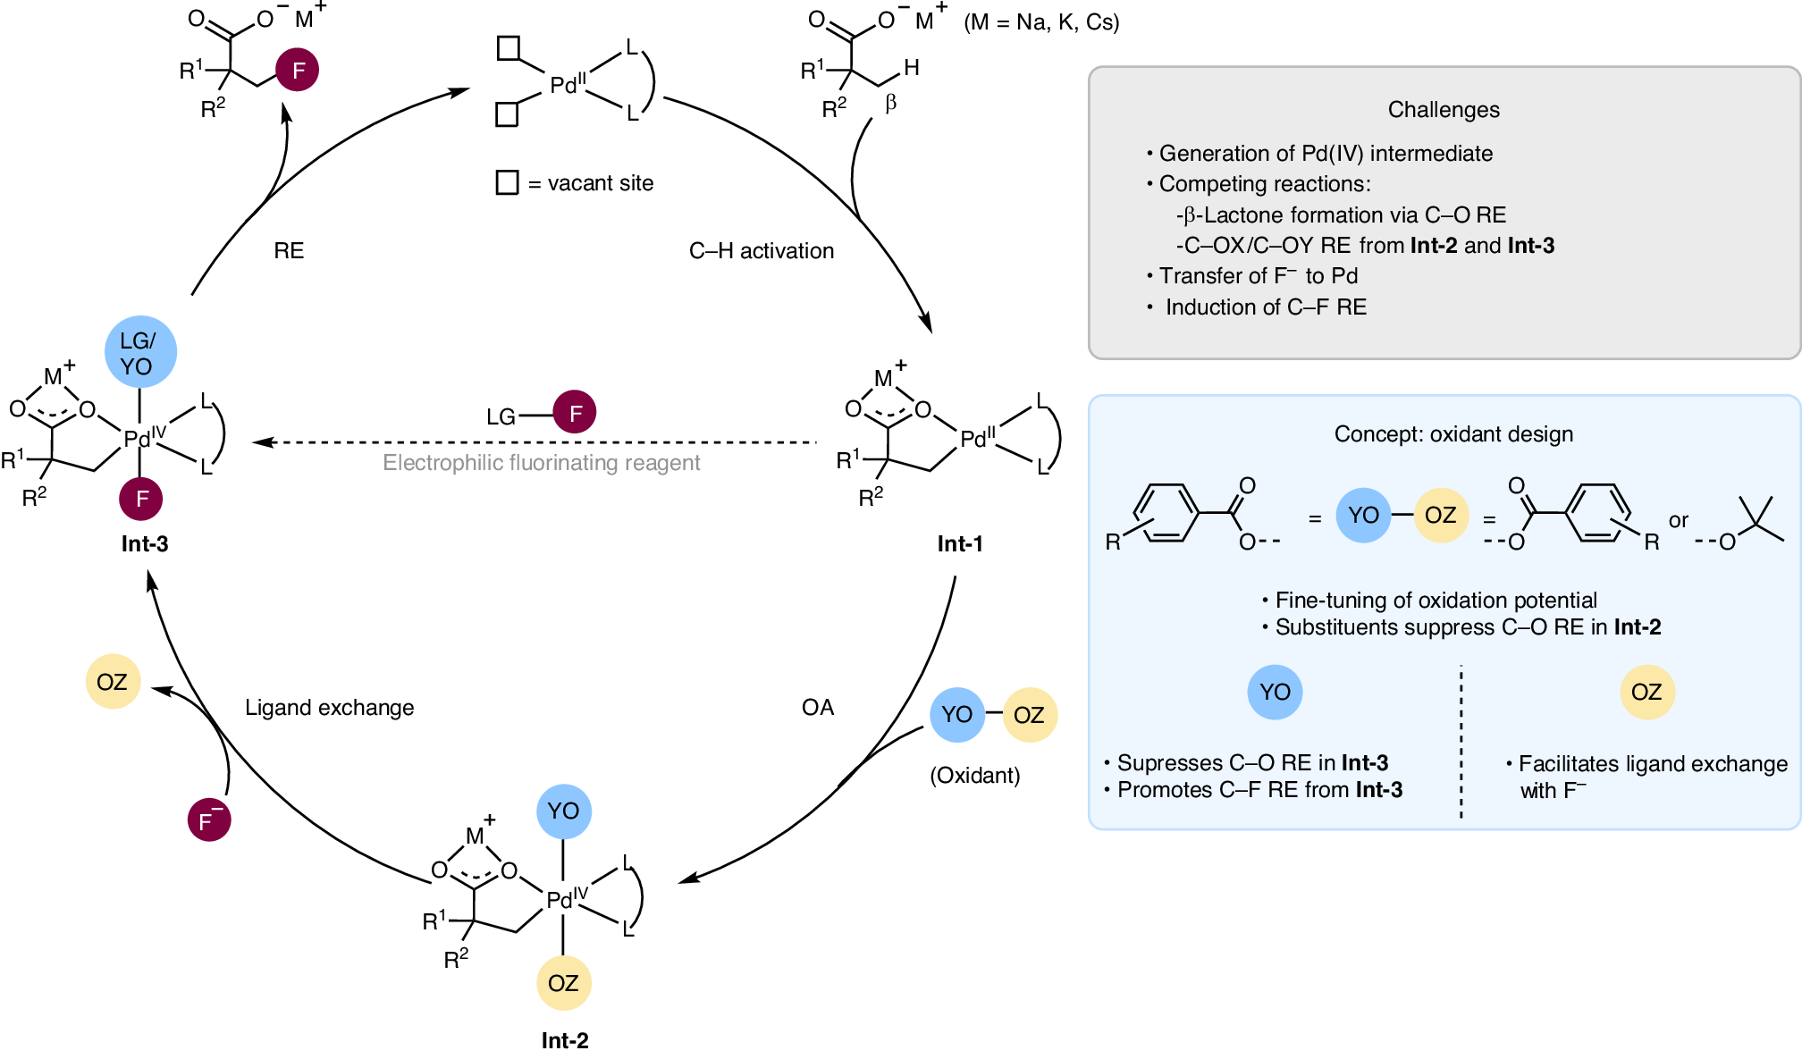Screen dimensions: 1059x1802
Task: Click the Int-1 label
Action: [x=959, y=543]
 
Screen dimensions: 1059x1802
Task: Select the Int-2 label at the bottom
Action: [x=564, y=1040]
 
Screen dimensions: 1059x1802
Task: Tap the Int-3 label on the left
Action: [x=145, y=543]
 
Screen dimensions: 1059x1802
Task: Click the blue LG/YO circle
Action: [x=140, y=352]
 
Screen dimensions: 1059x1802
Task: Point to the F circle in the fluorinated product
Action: [x=298, y=70]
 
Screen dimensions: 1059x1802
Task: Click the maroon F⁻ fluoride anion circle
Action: [x=209, y=819]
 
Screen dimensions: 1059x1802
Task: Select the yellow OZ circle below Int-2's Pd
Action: [x=563, y=983]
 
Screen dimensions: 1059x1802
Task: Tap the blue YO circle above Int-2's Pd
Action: [x=563, y=811]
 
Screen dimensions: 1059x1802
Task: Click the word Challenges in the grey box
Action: [x=1443, y=109]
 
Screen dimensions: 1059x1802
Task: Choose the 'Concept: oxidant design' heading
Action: [x=1453, y=433]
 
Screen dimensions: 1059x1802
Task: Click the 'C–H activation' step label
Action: [x=761, y=251]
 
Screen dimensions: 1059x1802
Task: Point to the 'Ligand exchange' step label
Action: [x=329, y=708]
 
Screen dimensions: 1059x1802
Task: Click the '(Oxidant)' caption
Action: [x=974, y=775]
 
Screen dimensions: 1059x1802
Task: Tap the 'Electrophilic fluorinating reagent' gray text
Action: [x=541, y=463]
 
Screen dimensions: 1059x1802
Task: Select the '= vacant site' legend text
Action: [x=591, y=183]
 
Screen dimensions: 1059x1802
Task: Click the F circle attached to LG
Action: [x=575, y=412]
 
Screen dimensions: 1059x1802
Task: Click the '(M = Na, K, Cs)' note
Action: [x=1041, y=22]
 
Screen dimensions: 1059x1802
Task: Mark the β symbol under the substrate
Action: [x=890, y=104]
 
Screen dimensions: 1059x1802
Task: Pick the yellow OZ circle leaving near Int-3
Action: [x=113, y=682]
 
